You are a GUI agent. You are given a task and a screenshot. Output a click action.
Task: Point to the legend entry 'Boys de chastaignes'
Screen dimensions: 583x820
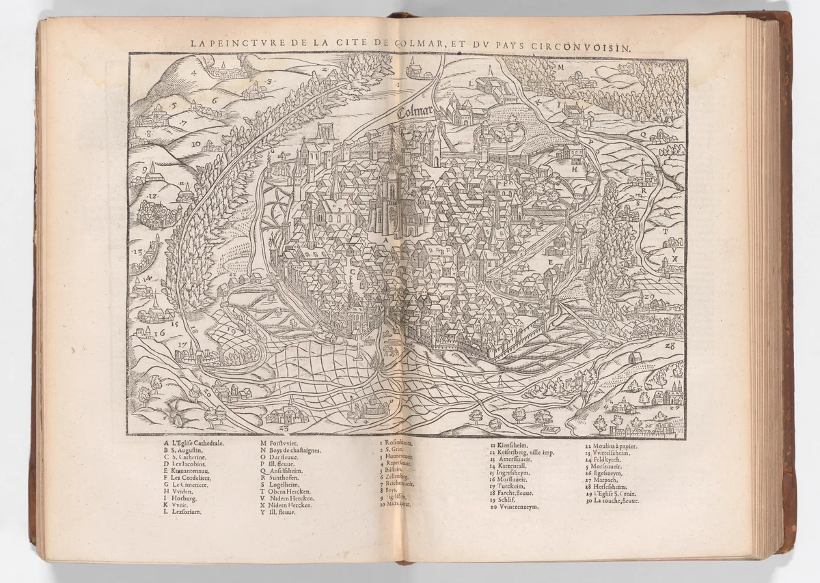coord(290,451)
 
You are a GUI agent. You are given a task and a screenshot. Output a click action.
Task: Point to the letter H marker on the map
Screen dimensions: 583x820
coord(575,168)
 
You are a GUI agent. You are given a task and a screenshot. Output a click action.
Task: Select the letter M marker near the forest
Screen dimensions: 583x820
coord(560,68)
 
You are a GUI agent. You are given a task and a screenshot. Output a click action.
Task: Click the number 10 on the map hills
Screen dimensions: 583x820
coord(195,144)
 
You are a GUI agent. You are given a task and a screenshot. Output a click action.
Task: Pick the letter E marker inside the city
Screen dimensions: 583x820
coord(549,261)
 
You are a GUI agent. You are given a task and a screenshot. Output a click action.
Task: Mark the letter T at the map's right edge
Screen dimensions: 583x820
coord(664,231)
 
